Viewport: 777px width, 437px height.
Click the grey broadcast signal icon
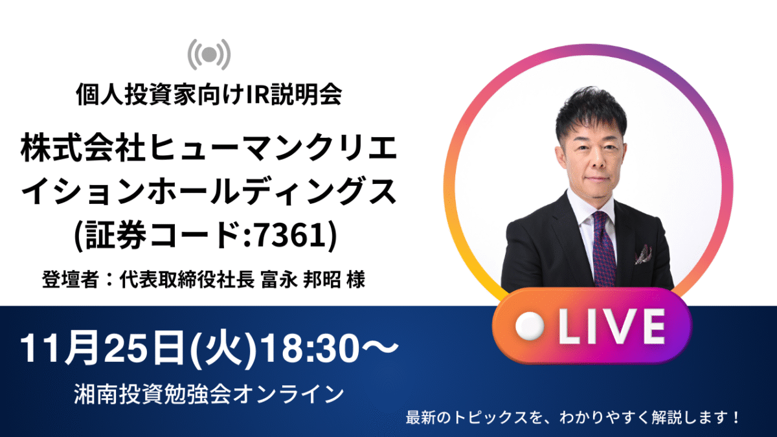pyautogui.click(x=208, y=54)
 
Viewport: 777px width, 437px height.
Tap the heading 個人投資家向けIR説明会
pyautogui.click(x=208, y=94)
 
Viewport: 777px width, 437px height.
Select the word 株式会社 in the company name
pyautogui.click(x=82, y=148)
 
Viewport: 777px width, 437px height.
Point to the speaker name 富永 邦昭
pyautogui.click(x=300, y=280)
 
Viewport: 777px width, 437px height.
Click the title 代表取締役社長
pyautogui.click(x=187, y=280)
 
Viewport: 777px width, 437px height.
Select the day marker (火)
pyautogui.click(x=224, y=348)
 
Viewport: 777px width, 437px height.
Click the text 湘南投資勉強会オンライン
pyautogui.click(x=208, y=394)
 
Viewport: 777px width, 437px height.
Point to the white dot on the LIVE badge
pyautogui.click(x=530, y=326)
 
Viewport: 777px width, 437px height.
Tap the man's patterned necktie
pyautogui.click(x=604, y=249)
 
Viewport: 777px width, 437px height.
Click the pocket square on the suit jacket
pyautogui.click(x=644, y=254)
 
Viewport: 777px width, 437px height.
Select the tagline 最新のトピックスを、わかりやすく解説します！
pyautogui.click(x=572, y=418)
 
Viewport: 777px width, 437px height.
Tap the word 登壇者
pyautogui.click(x=70, y=280)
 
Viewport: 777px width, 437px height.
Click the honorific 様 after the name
pyautogui.click(x=356, y=280)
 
